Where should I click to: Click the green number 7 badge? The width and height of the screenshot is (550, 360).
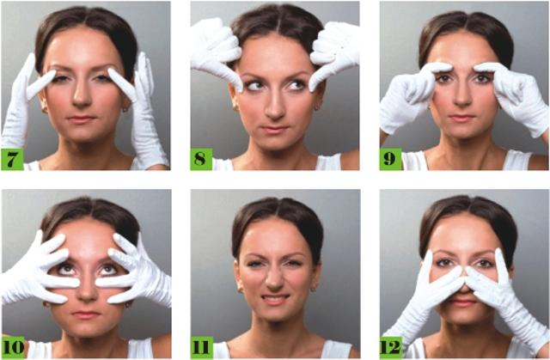[x=12, y=159]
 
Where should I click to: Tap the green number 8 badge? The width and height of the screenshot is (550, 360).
[x=201, y=159]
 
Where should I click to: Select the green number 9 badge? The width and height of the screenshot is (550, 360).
[x=390, y=159]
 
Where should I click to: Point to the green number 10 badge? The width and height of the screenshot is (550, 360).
[x=14, y=347]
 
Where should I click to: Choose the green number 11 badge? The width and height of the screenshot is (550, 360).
[x=203, y=347]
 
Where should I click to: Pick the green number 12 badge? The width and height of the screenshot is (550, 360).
[x=391, y=347]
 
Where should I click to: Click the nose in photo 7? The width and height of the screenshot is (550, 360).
[x=82, y=95]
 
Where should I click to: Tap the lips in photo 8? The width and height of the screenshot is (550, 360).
[x=274, y=130]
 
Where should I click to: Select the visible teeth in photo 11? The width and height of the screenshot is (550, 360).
[x=275, y=299]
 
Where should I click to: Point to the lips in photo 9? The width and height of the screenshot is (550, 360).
[x=461, y=118]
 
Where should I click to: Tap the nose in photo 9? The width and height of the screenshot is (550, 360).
[x=463, y=95]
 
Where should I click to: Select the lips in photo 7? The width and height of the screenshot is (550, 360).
[x=81, y=119]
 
